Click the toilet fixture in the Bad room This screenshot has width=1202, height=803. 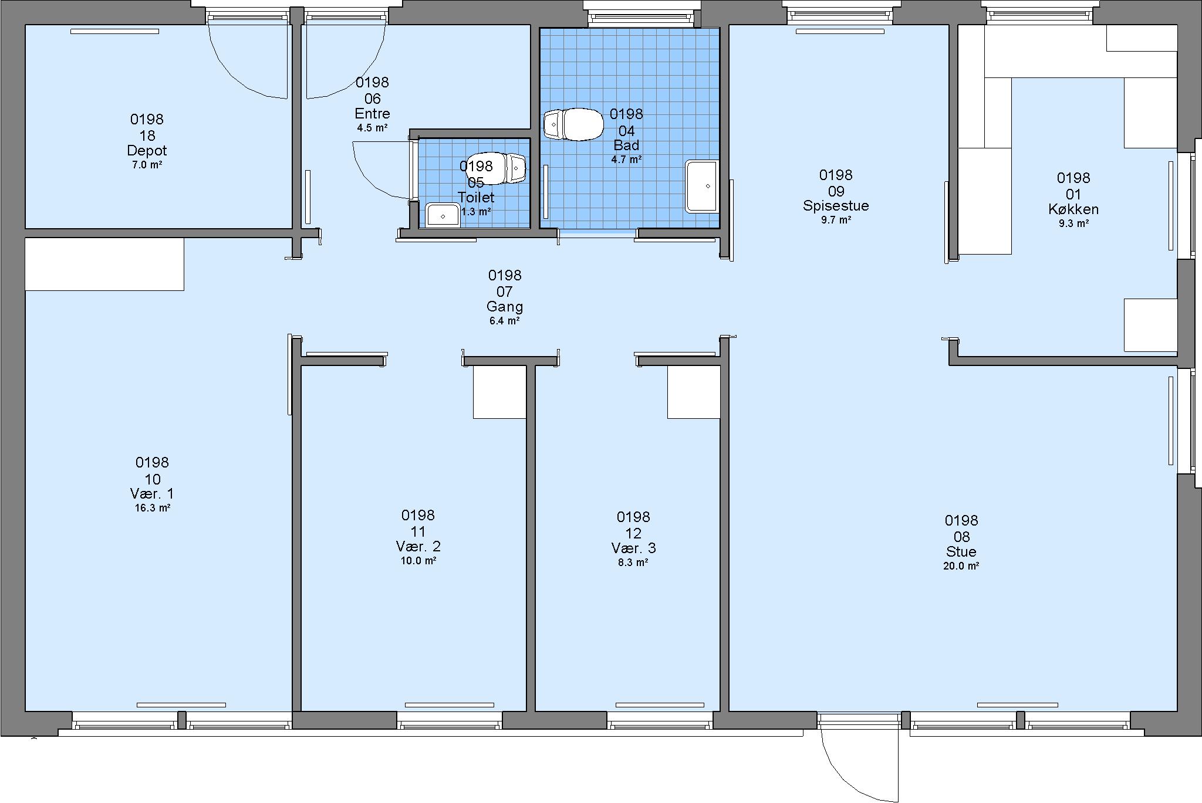click(x=573, y=124)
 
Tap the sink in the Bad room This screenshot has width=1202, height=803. click(x=702, y=185)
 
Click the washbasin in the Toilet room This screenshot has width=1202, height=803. click(x=443, y=215)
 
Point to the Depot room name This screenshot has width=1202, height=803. click(x=147, y=151)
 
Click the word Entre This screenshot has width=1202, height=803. click(x=372, y=113)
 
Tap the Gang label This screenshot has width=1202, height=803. click(x=505, y=306)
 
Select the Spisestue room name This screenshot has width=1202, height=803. click(x=836, y=206)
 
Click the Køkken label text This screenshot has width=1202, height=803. click(x=1073, y=209)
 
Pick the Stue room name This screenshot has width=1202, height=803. click(x=961, y=551)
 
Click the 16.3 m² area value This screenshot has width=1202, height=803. click(x=153, y=508)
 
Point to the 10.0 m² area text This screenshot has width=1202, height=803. click(x=418, y=561)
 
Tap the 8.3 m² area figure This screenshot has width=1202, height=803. click(x=633, y=563)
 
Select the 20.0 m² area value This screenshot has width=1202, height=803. click(x=961, y=566)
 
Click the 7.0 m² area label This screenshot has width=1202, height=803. click(x=147, y=165)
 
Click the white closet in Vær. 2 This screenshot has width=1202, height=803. click(x=499, y=392)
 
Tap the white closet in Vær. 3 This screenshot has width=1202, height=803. click(x=694, y=392)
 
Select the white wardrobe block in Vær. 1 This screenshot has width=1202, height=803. click(x=104, y=264)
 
